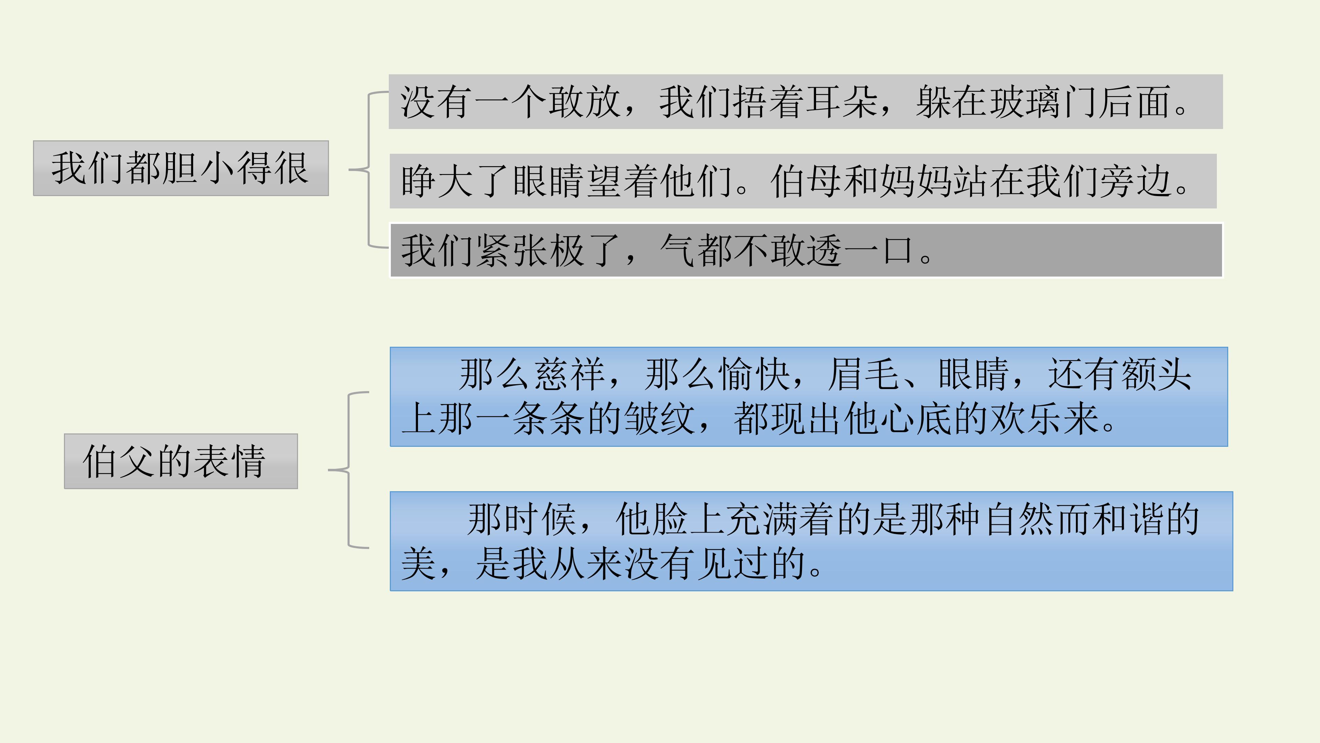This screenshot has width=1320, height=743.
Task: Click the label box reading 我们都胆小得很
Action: [181, 168]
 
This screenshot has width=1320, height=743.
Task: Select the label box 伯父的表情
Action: [181, 461]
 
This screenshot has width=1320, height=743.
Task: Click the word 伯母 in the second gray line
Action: [806, 181]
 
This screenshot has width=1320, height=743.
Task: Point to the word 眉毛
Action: [864, 374]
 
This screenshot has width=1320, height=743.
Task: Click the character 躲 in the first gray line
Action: [934, 101]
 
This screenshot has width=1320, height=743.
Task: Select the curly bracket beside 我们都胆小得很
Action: [368, 169]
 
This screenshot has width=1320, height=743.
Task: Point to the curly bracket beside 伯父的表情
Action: [349, 470]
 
